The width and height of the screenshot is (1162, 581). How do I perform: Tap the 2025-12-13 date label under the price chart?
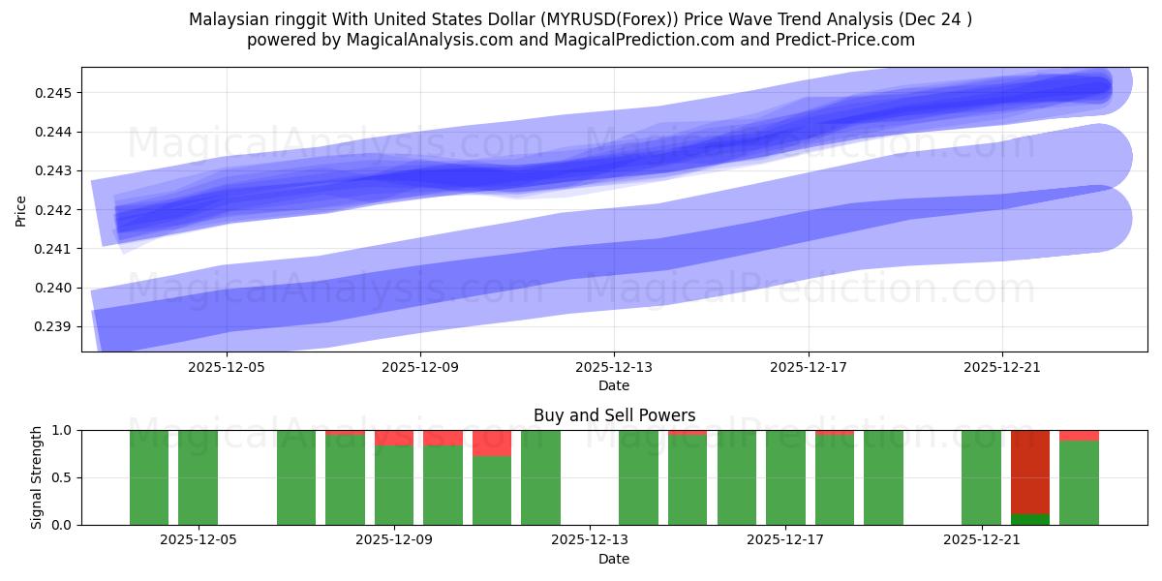[614, 368]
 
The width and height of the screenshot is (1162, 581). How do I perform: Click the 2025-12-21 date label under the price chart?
[1001, 368]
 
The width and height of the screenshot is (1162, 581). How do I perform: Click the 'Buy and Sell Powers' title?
[614, 415]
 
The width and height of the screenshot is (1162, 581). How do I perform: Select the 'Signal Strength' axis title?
[36, 477]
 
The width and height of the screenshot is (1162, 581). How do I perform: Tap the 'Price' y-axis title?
[21, 209]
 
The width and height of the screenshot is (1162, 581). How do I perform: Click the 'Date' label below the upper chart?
[614, 385]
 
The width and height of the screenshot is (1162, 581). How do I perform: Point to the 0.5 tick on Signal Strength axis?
[65, 477]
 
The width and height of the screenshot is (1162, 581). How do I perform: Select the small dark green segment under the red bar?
[1030, 519]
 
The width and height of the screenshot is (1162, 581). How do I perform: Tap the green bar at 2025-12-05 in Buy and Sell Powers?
[199, 477]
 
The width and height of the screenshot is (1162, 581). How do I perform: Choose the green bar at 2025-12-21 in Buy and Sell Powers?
[981, 477]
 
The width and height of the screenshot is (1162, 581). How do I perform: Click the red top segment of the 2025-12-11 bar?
[492, 443]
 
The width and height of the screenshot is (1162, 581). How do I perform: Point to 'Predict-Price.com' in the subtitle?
[848, 40]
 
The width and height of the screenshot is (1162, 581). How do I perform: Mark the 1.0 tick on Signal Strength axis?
[65, 430]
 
